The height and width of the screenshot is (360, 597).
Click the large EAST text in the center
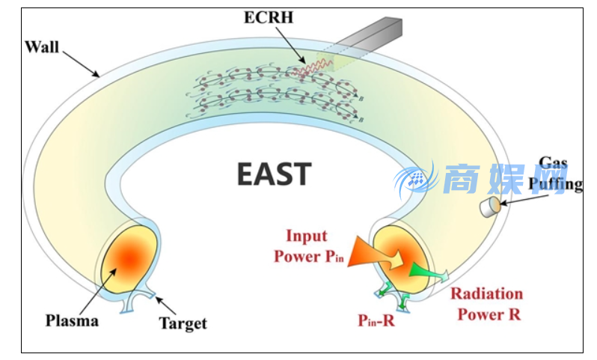tap(274, 174)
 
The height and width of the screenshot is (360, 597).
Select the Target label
tap(183, 323)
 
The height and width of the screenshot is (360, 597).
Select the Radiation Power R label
tap(486, 303)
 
